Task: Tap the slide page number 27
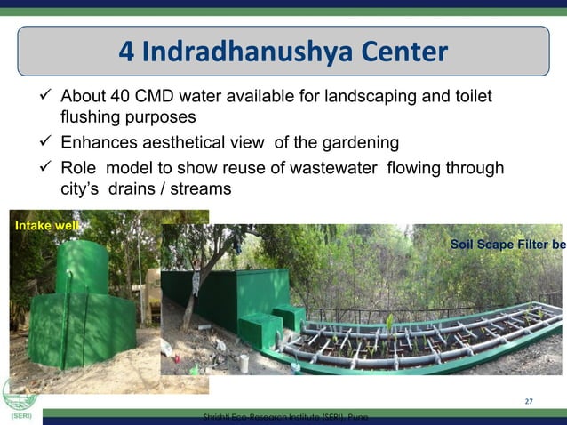(529, 402)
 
